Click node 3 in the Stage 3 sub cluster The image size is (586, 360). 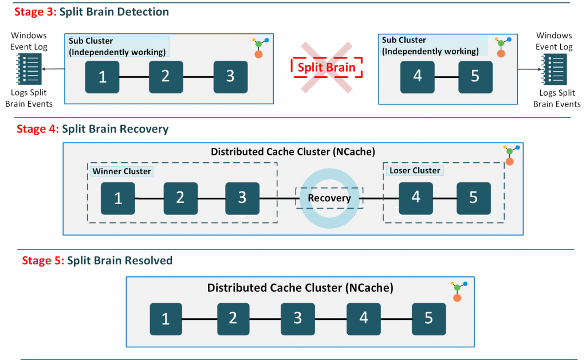230,77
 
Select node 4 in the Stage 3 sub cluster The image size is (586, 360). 417,77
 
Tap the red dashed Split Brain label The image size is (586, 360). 327,67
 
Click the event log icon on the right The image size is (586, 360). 554,69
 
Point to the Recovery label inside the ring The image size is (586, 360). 329,198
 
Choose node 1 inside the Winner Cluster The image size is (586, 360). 118,199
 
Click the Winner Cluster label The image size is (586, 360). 121,171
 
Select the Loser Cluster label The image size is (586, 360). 415,170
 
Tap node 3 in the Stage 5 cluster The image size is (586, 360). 297,319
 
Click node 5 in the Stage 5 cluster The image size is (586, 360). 428,319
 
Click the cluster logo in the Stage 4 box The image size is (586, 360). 508,155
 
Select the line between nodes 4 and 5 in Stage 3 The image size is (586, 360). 446,77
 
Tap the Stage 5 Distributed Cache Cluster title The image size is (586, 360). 300,288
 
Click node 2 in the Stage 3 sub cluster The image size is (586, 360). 166,77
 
